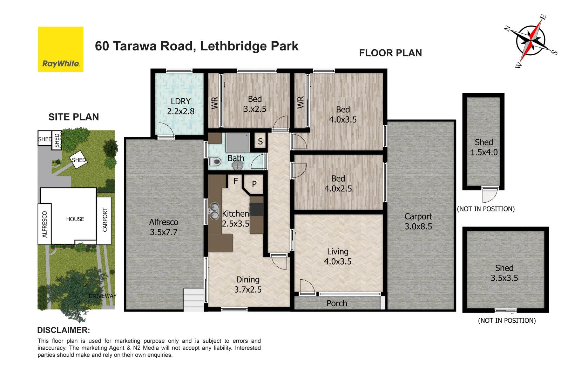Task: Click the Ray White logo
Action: pos(61,49)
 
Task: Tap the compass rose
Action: pos(530,41)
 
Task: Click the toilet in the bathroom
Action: pos(215,162)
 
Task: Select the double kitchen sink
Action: pos(214,211)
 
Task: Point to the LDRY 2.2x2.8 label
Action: pos(181,106)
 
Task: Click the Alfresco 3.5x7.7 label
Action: pos(163,227)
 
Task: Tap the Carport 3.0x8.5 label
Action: pos(418,222)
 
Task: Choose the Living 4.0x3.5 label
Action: pos(338,257)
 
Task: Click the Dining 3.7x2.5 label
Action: pos(248,285)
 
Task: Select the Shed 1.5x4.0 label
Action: pos(484,147)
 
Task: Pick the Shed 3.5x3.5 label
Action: pos(504,273)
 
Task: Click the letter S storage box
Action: pos(260,141)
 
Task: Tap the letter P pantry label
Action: pos(255,184)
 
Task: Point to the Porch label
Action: pos(337,303)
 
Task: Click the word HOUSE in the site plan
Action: pos(75,219)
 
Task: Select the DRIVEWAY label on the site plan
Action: pos(102,296)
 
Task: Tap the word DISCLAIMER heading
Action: pos(63,330)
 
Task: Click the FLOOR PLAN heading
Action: pos(390,53)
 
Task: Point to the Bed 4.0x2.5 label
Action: pos(338,184)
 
